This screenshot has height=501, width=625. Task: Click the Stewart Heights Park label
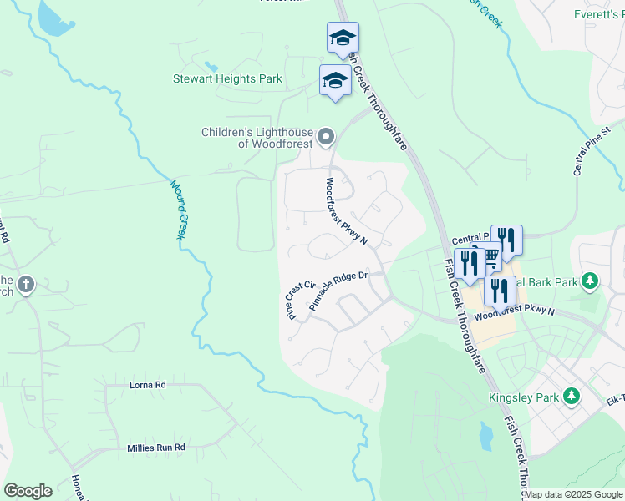click(x=227, y=79)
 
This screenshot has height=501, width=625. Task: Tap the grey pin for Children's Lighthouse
click(x=327, y=135)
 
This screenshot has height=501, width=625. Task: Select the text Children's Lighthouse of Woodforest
click(x=257, y=138)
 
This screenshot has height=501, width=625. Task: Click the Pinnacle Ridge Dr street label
click(x=338, y=291)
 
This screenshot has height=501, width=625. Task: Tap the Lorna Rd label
click(x=148, y=385)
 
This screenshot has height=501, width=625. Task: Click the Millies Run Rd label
click(x=155, y=448)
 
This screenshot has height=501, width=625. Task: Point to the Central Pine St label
click(x=592, y=151)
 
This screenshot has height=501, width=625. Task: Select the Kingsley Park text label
click(x=523, y=397)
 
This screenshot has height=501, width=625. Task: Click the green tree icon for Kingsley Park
click(x=572, y=396)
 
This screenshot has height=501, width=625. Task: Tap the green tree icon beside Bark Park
click(x=591, y=281)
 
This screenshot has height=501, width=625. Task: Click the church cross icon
click(x=26, y=286)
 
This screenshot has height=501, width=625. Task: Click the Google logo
click(x=28, y=491)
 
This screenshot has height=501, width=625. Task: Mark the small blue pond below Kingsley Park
click(x=485, y=434)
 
